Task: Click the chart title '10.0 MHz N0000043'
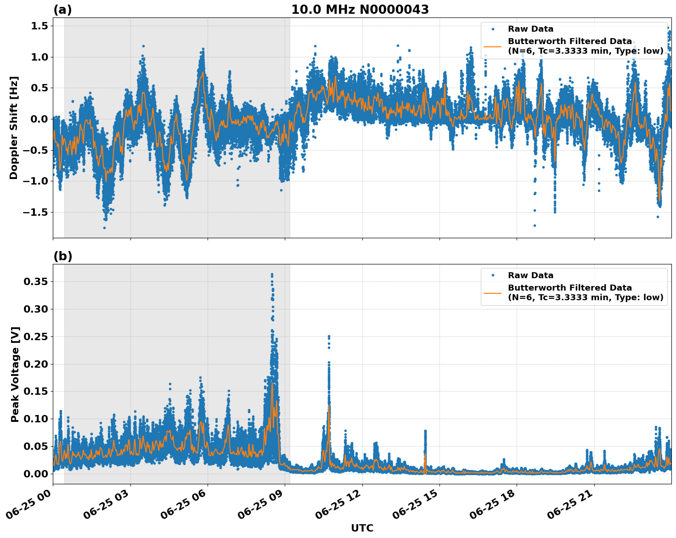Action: tap(360, 10)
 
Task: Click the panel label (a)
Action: tap(62, 10)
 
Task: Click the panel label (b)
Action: tap(62, 256)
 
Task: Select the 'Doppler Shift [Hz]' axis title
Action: tap(14, 128)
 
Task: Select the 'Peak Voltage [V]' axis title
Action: tap(15, 374)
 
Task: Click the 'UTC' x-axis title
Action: tap(362, 528)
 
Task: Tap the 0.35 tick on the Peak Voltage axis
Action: tap(37, 281)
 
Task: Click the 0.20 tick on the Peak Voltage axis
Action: tap(37, 364)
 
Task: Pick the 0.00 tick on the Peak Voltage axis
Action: tap(37, 474)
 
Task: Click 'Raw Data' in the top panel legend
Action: tap(530, 29)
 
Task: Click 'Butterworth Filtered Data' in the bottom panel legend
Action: tap(569, 288)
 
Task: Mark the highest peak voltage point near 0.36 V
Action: tap(272, 275)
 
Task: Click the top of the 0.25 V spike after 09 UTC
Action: tap(329, 336)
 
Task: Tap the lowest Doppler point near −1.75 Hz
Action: tap(104, 228)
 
